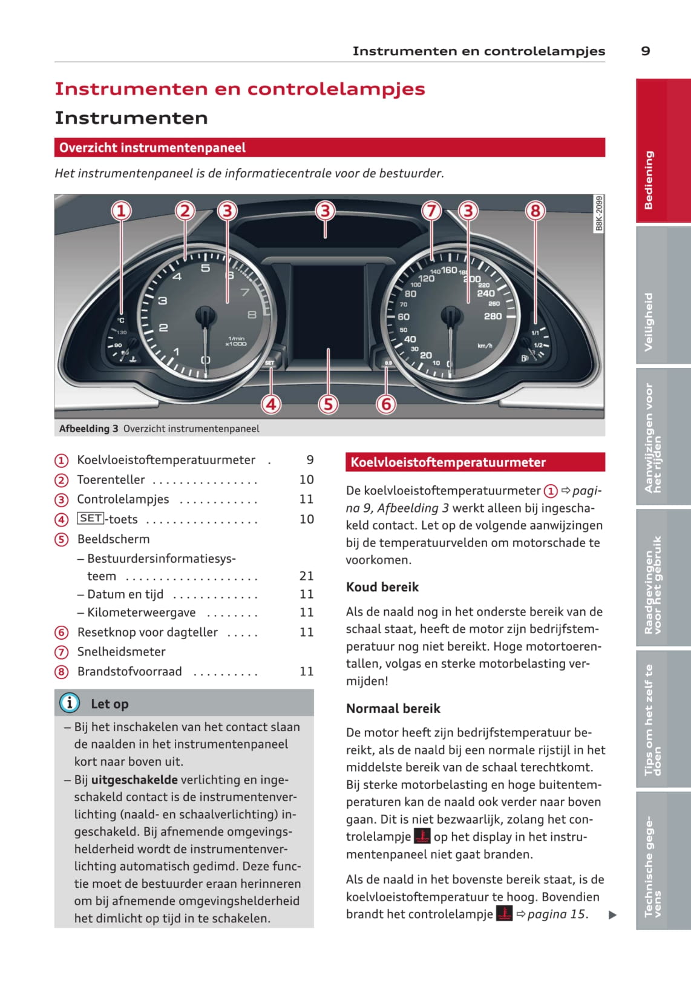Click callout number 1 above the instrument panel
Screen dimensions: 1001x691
tap(121, 211)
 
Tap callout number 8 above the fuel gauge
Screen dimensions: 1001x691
tap(535, 211)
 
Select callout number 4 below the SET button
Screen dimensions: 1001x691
tap(271, 404)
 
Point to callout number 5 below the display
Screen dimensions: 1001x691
tap(328, 404)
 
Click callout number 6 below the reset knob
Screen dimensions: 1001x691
tap(386, 404)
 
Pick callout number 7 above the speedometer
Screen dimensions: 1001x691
tap(431, 211)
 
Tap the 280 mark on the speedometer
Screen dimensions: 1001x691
tap(493, 316)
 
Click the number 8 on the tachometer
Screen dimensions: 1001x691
tap(252, 315)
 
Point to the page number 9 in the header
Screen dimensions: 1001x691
tap(646, 51)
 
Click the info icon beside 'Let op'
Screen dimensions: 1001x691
tap(70, 703)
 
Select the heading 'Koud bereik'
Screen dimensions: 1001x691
tap(382, 587)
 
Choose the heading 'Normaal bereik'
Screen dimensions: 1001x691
tap(393, 709)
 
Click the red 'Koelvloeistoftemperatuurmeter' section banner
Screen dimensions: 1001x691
tap(475, 462)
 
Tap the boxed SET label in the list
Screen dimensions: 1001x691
tap(91, 519)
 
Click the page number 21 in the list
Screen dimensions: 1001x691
tap(307, 576)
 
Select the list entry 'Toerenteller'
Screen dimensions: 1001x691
tap(111, 480)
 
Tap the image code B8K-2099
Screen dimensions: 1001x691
tap(599, 212)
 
